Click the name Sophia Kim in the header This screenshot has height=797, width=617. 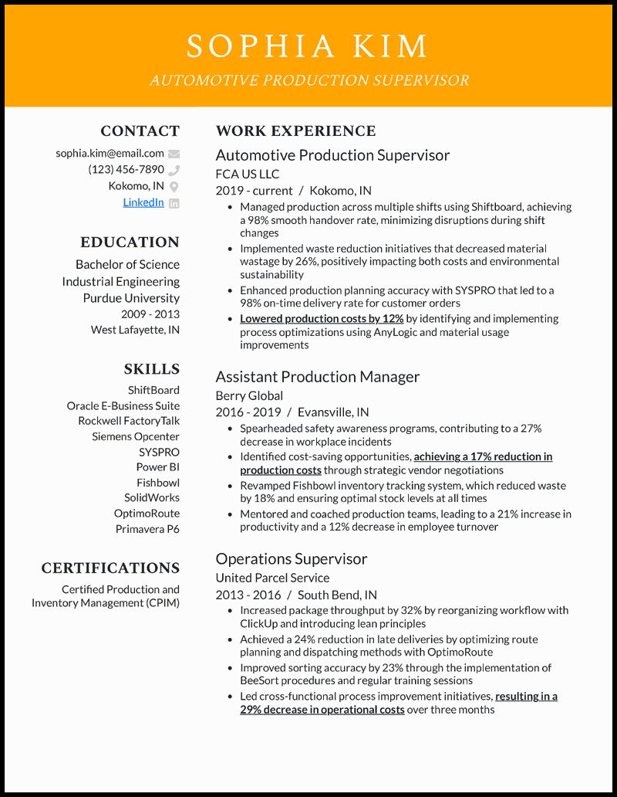[x=308, y=46]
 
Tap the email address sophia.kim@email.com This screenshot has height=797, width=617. [x=110, y=153]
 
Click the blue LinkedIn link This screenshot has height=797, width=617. [x=143, y=202]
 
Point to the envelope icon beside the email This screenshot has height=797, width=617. [x=174, y=154]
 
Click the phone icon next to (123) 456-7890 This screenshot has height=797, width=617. [x=174, y=170]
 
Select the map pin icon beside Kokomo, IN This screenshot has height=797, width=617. [x=174, y=186]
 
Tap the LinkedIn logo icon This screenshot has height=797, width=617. [x=174, y=203]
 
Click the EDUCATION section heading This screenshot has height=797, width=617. [x=130, y=242]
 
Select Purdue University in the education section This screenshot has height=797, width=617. [x=131, y=298]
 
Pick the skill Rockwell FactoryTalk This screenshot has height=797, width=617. [x=129, y=421]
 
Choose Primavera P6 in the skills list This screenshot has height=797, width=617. [x=147, y=529]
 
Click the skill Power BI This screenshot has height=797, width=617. [x=157, y=467]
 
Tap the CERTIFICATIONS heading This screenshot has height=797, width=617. [x=110, y=568]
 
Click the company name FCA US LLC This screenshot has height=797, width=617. [x=247, y=174]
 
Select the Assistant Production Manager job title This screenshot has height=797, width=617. [x=318, y=377]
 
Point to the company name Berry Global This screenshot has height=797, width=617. [x=249, y=395]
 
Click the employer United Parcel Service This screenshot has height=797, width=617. [x=272, y=578]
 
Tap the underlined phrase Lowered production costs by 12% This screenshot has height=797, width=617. [x=322, y=319]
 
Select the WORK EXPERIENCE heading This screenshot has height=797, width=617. [x=295, y=131]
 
